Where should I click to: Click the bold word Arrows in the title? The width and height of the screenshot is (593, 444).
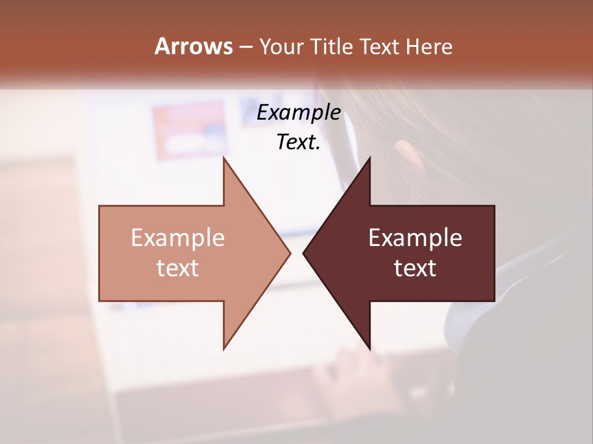click(x=193, y=46)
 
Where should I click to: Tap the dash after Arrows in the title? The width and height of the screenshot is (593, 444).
click(x=245, y=47)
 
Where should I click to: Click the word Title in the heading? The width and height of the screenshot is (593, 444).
click(x=330, y=47)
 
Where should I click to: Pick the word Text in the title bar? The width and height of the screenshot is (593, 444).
click(x=379, y=47)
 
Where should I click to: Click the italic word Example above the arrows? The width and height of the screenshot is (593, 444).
click(x=298, y=112)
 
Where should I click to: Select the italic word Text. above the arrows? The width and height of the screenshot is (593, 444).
click(x=298, y=142)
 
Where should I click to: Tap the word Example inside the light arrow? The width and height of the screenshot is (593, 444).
click(x=177, y=238)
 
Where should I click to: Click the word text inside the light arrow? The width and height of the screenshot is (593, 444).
click(x=177, y=268)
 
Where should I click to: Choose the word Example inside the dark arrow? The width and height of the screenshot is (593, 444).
click(x=415, y=238)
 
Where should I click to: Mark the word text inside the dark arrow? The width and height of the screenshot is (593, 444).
click(x=415, y=268)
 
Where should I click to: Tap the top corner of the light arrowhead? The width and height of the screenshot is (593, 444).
click(x=224, y=158)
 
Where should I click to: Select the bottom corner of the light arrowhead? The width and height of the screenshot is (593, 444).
click(x=224, y=348)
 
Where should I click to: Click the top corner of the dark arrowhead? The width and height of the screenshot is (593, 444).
click(x=369, y=158)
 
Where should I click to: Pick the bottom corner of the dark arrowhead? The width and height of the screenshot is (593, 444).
click(x=369, y=348)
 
